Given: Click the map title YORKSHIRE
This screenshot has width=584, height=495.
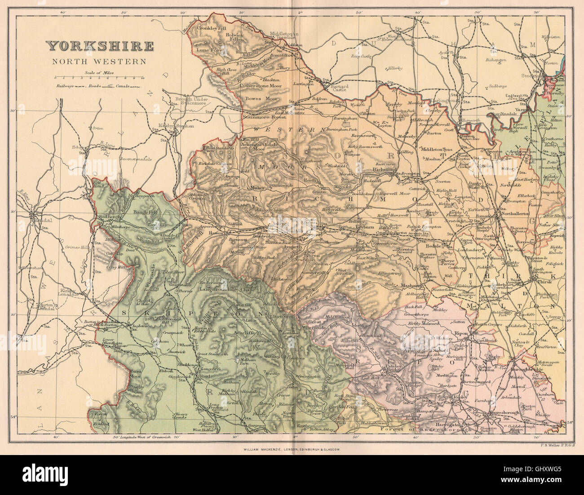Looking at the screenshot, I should (100, 46).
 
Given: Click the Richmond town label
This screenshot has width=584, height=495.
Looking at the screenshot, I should (384, 170).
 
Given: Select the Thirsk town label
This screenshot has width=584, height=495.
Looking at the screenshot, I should (543, 282).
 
